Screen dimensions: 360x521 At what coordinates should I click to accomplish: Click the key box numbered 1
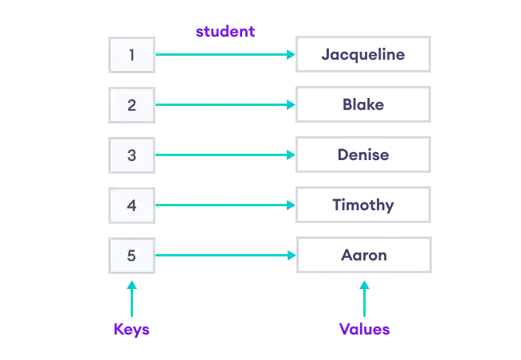pos(133,55)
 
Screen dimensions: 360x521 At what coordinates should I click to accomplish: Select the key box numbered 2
pos(133,105)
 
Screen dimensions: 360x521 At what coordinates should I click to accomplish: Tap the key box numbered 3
pos(133,156)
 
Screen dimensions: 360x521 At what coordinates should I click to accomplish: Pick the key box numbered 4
pos(133,206)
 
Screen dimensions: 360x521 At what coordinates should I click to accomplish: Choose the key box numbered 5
pos(133,256)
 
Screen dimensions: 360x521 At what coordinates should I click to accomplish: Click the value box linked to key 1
pos(362,55)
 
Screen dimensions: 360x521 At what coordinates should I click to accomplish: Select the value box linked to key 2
pos(362,105)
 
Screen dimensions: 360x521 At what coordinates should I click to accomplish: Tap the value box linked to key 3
pos(362,156)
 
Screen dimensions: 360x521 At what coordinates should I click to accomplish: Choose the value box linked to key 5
pos(362,256)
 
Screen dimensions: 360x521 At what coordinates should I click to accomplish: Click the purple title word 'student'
pos(224,32)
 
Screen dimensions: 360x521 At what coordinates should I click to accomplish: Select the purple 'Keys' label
pos(131,329)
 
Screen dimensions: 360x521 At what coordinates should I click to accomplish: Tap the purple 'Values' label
pos(365,329)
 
